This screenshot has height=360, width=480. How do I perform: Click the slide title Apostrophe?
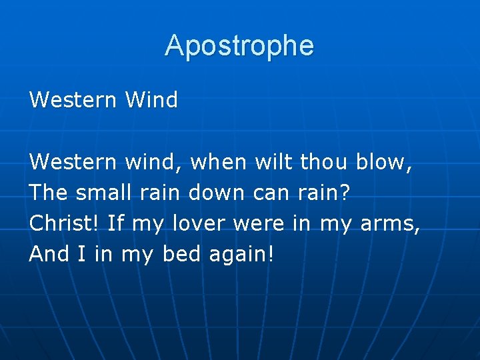click(x=239, y=46)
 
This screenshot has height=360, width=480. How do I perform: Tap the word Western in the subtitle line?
click(x=72, y=101)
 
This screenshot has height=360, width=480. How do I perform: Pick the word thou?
click(x=325, y=162)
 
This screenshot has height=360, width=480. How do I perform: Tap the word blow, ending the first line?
click(x=385, y=162)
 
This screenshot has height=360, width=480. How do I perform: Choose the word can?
click(x=271, y=193)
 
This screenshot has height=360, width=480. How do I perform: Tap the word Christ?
click(x=65, y=223)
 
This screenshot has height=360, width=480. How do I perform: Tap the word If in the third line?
click(x=116, y=223)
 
